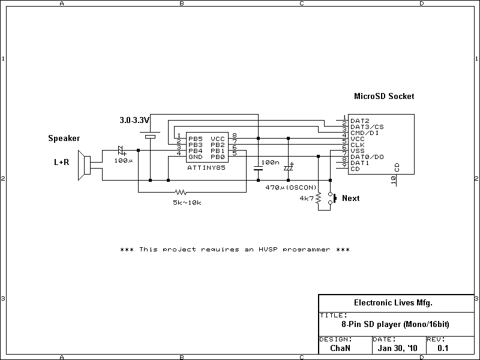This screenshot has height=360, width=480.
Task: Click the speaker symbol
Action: tap(84, 166)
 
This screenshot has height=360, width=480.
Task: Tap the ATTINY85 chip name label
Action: tap(206, 168)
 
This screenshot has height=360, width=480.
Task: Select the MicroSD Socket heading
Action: tap(384, 96)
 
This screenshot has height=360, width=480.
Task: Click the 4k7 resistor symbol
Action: tap(319, 198)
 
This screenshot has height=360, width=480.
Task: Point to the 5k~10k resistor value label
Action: tap(187, 202)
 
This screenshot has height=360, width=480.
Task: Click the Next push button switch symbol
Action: tap(332, 198)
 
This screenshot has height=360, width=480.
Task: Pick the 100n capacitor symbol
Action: tap(259, 168)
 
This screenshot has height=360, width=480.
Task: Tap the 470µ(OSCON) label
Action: tap(291, 187)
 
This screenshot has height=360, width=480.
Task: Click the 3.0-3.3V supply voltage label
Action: tap(134, 120)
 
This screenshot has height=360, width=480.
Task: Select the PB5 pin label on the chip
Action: tap(196, 139)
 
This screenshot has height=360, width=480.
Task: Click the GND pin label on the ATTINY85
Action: tap(196, 157)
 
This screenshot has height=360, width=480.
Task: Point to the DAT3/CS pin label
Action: tap(367, 127)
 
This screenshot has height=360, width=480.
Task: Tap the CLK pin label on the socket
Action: tap(357, 145)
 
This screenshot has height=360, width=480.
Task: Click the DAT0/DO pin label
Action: tap(367, 157)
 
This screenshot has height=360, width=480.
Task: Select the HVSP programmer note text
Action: tap(235, 250)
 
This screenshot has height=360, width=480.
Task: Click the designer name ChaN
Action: tap(340, 348)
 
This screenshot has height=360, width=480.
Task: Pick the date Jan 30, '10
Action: tap(397, 348)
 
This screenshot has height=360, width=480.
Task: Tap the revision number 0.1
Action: tap(443, 348)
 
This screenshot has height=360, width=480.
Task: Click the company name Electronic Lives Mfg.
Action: tap(393, 303)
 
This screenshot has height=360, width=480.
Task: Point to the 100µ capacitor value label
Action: tap(124, 160)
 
